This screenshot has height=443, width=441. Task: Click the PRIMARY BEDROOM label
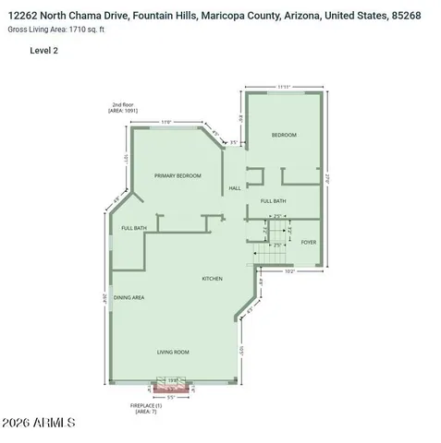[178, 175]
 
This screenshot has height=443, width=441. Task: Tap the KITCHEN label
[213, 278]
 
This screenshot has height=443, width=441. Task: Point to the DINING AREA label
[129, 297]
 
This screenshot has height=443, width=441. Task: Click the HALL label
[235, 190]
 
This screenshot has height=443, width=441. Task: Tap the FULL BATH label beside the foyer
[273, 201]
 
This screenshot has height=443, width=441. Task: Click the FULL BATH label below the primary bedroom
[134, 228]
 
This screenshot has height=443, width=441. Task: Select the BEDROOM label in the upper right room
[284, 136]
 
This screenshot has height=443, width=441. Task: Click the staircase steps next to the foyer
[271, 247]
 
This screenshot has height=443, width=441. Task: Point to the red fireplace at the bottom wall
[171, 388]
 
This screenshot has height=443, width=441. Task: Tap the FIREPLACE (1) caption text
[147, 407]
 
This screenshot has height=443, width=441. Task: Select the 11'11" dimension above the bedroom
[287, 87]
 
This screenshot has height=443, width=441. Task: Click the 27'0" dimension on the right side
[328, 179]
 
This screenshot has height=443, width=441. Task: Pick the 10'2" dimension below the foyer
[288, 272]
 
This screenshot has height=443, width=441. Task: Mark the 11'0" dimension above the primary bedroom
[165, 122]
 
